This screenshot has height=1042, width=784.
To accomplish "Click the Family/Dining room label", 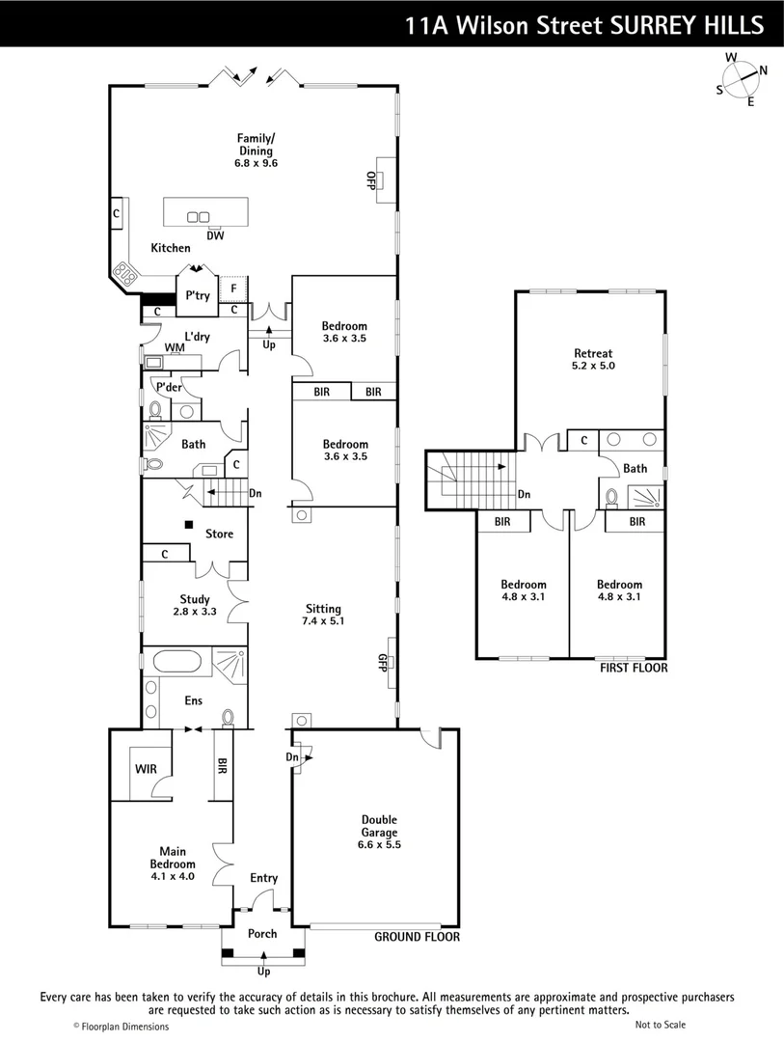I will tap(255, 145).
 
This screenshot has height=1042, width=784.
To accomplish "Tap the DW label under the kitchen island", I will tap(214, 235).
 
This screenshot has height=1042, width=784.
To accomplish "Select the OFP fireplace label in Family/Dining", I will tap(369, 180).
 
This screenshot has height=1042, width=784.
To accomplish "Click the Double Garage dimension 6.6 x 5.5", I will tap(379, 844).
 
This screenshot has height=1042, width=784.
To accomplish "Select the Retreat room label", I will tap(592, 353).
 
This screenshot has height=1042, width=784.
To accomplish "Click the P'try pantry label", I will tap(198, 296).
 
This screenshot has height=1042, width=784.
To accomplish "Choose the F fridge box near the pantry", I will tap(233, 288).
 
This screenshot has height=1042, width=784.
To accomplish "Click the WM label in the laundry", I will tap(175, 347).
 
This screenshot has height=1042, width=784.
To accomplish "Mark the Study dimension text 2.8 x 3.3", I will tap(194, 612).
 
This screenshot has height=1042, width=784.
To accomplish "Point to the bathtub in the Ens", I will tap(176, 664).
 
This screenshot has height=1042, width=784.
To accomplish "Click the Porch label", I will tap(262, 933).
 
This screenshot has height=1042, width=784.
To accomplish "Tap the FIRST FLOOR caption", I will tap(633, 668).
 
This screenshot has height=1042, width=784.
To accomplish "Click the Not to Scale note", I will tap(661, 1025).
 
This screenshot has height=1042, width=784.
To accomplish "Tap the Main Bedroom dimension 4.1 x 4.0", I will tap(172, 877).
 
